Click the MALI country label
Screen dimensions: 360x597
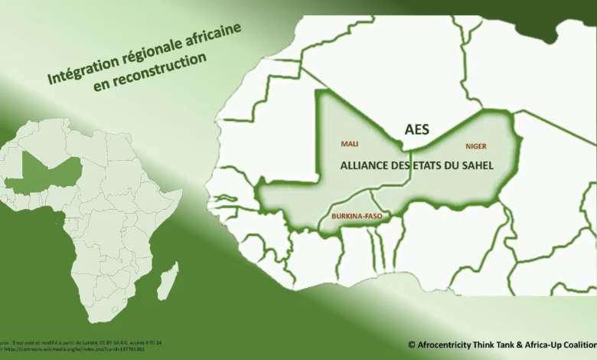click(349, 143)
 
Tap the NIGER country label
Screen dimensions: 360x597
click(475, 146)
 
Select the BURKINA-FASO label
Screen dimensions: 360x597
click(357, 217)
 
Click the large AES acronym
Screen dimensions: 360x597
click(416, 129)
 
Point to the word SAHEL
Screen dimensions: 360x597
click(475, 165)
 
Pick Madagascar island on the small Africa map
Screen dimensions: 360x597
click(168, 281)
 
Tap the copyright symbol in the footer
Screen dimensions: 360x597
click(412, 344)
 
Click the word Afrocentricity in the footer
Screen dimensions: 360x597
click(450, 344)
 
